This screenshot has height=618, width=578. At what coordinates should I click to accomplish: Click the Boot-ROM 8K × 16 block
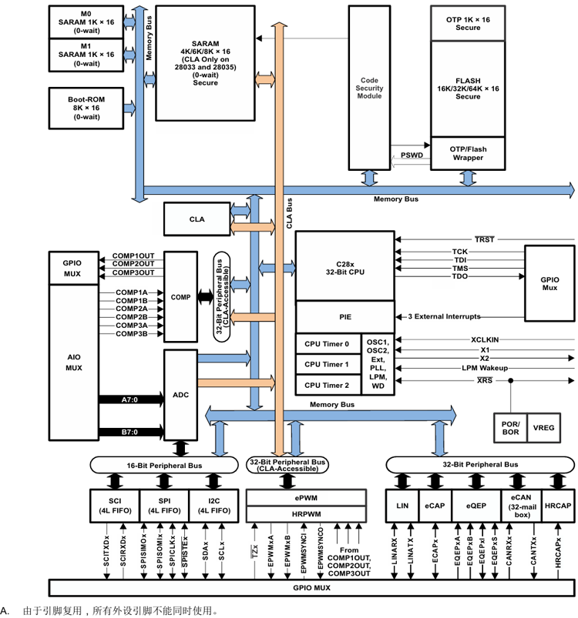pos(86,109)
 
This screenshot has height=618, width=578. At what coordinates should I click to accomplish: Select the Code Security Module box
pos(371,87)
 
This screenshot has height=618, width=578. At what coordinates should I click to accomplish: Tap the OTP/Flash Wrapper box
pos(468,152)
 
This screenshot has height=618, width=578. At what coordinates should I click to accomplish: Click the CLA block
pos(197,219)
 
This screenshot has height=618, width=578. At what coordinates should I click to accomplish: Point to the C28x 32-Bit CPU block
pos(344,266)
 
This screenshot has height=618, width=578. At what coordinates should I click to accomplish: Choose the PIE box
pos(344,316)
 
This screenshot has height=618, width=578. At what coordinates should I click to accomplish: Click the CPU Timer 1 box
pos(326,364)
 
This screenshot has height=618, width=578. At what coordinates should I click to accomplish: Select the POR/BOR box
pos(511,429)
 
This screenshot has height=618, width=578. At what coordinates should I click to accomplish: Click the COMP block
pos(180,296)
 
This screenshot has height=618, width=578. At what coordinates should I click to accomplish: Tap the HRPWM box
pos(306,514)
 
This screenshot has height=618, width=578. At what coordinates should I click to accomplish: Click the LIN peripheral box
pos(402,505)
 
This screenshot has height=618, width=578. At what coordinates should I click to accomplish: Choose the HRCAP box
pos(558,505)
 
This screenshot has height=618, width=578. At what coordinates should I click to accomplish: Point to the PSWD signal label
pos(411,155)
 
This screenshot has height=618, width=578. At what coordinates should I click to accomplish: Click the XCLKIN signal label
pos(485,339)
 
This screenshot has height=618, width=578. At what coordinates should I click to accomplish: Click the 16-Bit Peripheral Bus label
pos(164,465)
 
